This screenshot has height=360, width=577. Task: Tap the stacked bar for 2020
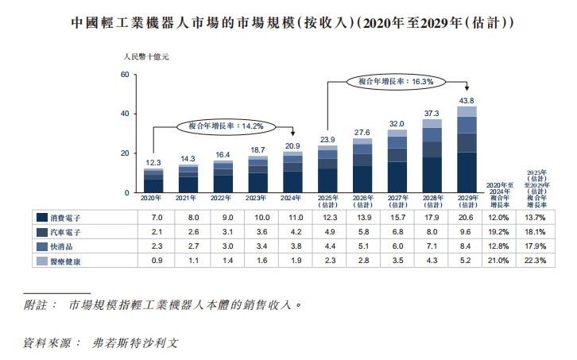point(153,180)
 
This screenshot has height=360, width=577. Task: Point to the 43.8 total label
point(467,101)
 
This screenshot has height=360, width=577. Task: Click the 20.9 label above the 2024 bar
point(292,146)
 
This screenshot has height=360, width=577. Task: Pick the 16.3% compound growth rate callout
point(395,81)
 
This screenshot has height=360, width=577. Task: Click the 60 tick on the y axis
point(123,75)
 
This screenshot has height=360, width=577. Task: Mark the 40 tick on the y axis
point(123,114)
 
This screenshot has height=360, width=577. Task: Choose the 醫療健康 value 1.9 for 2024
point(292,261)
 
